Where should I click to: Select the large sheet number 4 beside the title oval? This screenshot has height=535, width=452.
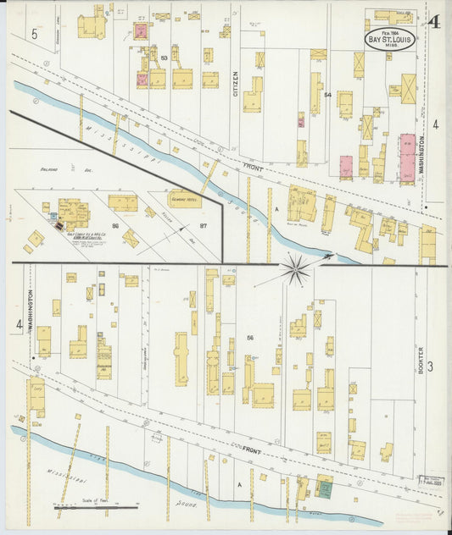pos(433,23)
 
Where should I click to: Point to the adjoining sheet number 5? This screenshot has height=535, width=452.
pos(35,34)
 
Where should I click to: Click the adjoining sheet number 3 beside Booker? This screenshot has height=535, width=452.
pos(431,366)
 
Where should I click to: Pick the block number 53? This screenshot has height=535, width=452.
pos(164,58)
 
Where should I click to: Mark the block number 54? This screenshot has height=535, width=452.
pos(326,96)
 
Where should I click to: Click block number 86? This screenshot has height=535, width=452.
pos(114,226)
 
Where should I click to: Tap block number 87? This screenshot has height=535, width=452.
pos(204,226)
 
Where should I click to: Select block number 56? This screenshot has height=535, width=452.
pos(250,339)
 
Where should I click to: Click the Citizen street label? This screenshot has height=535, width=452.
pos(236,81)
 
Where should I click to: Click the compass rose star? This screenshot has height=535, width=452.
pos(297,269)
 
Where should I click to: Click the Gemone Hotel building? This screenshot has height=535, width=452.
pos(184,199)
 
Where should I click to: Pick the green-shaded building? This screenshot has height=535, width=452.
pos(324,488)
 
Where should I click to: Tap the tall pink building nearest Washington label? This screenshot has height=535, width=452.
pos(407,157)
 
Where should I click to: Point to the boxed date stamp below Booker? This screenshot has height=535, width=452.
pos(432,480)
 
